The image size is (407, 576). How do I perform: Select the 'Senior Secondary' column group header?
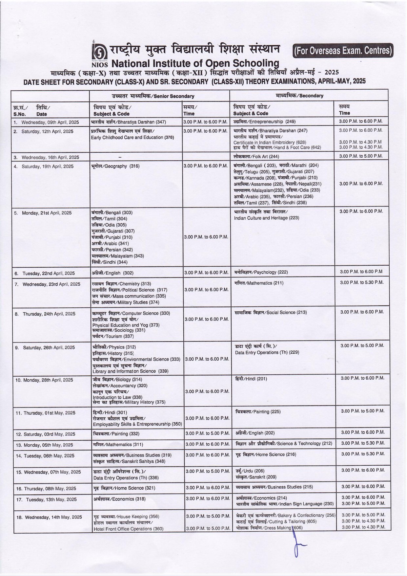[153, 96]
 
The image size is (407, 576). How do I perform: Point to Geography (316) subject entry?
[115, 166]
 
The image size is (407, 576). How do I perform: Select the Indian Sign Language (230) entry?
[285, 504]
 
